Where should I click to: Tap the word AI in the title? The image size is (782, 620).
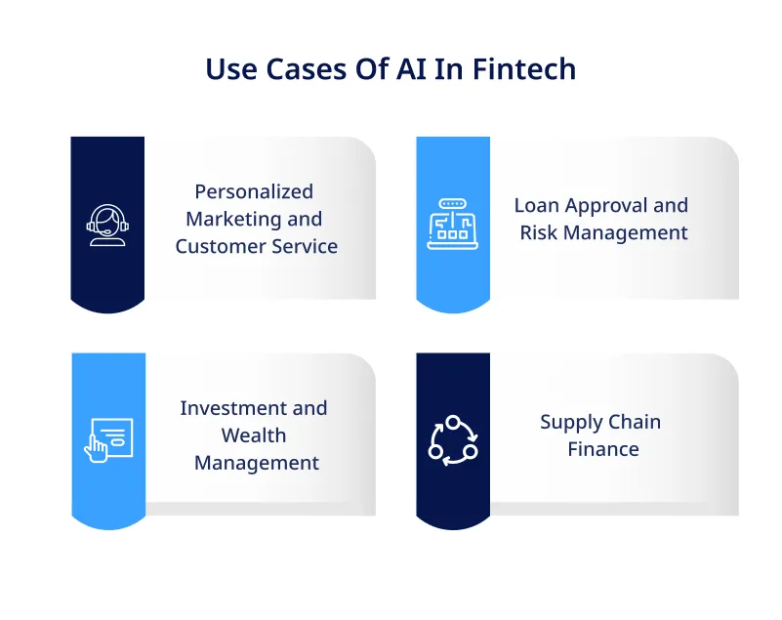[x=413, y=69]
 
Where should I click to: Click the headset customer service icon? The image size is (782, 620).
[x=107, y=226]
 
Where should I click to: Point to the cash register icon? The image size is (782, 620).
[x=453, y=225]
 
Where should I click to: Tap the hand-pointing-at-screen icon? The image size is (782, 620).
[x=107, y=440]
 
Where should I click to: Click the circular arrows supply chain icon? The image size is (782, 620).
[x=453, y=440]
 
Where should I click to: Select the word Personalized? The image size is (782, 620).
[x=254, y=191]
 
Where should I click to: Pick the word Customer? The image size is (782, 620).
[x=217, y=246]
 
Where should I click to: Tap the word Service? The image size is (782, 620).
[x=302, y=246]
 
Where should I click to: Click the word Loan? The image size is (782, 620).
[x=537, y=205]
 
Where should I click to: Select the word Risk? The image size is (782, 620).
[x=538, y=232]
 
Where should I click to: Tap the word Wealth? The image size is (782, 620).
[x=254, y=435]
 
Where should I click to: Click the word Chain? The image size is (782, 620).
[x=636, y=422]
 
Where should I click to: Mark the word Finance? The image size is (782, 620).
[x=603, y=449]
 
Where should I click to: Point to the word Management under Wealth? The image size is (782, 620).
[x=257, y=463]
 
